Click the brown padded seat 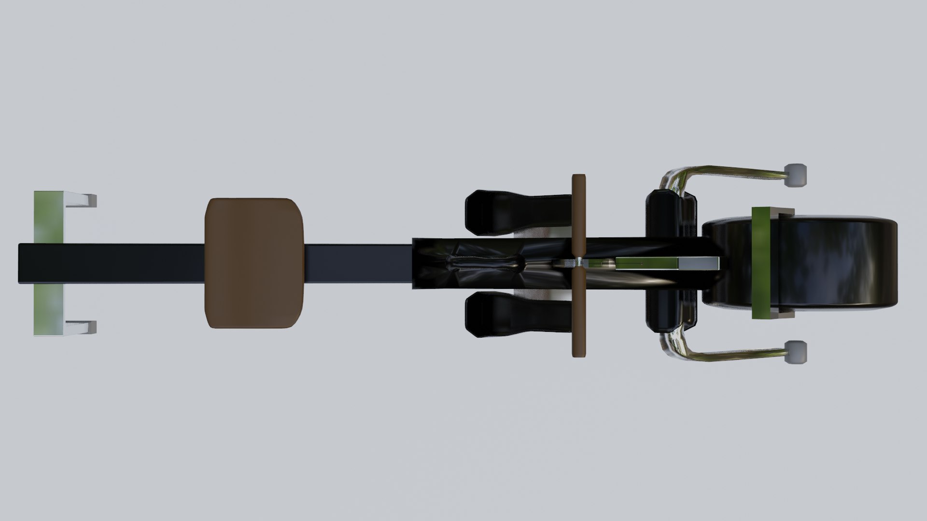pyautogui.click(x=255, y=263)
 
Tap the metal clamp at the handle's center pyautogui.click(x=578, y=263)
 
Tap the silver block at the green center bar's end pyautogui.click(x=699, y=263)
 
